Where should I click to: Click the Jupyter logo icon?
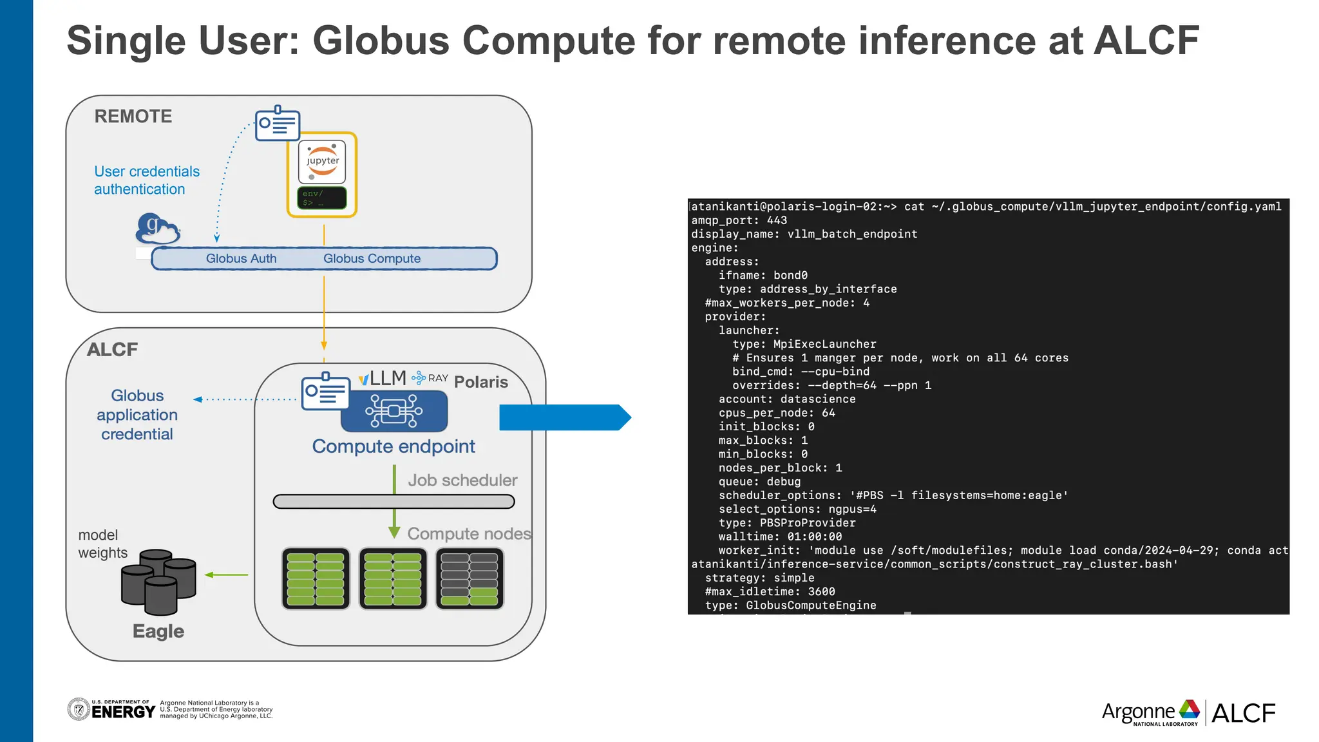322,162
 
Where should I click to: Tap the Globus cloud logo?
157,229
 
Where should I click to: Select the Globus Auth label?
241,258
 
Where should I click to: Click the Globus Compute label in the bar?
372,258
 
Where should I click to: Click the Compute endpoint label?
394,446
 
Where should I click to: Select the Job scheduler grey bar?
394,502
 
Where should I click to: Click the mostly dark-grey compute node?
470,578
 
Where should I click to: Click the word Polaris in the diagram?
480,382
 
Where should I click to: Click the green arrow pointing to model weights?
226,575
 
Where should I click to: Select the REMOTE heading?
133,117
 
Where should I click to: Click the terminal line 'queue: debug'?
759,482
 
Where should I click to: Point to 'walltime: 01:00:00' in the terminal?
780,537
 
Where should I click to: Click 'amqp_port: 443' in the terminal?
739,220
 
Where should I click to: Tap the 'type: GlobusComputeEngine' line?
790,605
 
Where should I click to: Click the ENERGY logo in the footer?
122,711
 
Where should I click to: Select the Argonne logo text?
1138,712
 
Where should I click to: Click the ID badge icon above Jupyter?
278,123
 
